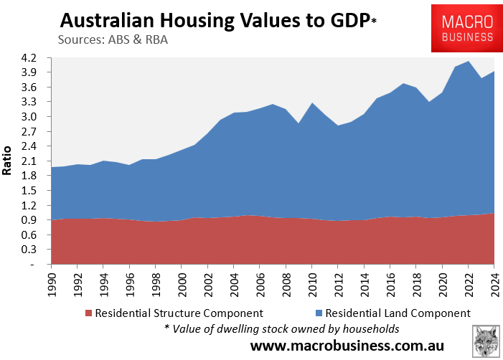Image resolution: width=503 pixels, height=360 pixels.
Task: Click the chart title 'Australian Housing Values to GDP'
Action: (x=212, y=19)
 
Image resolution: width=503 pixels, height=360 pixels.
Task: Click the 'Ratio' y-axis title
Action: (x=9, y=161)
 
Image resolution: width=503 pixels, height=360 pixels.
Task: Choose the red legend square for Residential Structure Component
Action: (x=89, y=313)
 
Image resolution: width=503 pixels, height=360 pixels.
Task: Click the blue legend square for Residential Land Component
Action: (x=318, y=313)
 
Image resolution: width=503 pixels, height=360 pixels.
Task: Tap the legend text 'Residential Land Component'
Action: (x=396, y=313)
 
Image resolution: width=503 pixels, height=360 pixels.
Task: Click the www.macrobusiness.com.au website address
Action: (x=347, y=346)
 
